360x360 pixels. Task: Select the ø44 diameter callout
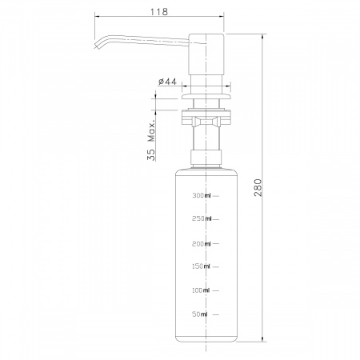167,81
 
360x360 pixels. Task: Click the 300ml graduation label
201,195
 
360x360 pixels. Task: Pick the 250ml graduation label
201,218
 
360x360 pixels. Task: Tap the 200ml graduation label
201,244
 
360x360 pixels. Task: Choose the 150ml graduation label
201,266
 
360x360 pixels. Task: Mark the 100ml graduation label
201,290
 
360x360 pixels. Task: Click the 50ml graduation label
202,314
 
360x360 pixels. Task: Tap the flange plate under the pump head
207,95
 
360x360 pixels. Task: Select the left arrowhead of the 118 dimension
97,16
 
